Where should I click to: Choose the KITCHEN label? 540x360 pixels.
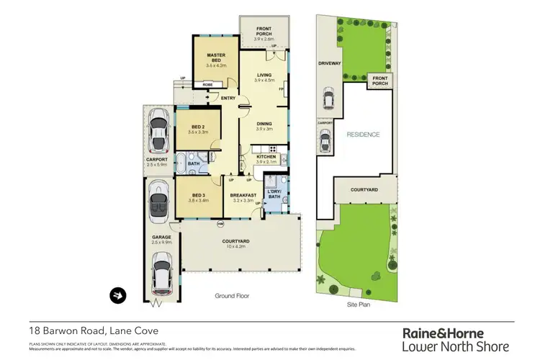click(x=266, y=156)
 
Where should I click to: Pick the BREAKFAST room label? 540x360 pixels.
click(x=243, y=195)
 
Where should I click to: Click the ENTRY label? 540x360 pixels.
click(x=229, y=99)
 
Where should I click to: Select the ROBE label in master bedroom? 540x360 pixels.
click(x=207, y=85)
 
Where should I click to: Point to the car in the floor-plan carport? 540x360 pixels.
click(x=158, y=131)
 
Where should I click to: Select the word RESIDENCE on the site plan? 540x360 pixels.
click(x=363, y=135)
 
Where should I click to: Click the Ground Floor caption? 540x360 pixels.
click(x=232, y=296)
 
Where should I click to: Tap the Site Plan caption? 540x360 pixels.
click(x=358, y=305)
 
